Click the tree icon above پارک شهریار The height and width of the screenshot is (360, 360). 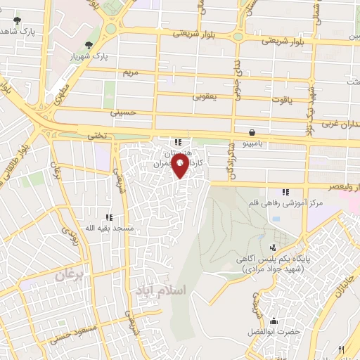[86, 45]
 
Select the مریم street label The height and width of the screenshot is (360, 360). [130, 72]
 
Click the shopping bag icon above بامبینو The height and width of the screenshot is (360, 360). [251, 131]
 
